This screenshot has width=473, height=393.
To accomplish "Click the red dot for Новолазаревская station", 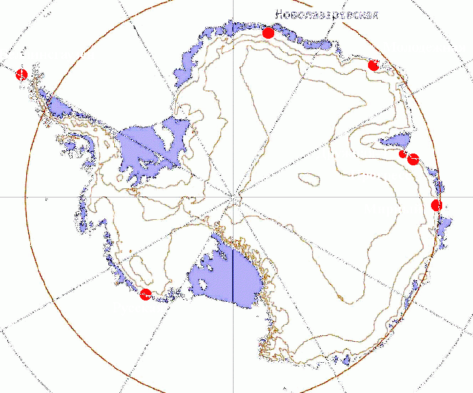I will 268,33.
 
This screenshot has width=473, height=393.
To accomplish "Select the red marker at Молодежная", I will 373,65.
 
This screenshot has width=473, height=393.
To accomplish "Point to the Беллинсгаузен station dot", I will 21,73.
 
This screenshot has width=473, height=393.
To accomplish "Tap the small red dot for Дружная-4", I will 402,154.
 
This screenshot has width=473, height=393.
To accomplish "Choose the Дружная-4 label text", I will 352,154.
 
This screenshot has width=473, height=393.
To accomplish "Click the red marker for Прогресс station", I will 413,159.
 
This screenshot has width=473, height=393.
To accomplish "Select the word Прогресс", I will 380,175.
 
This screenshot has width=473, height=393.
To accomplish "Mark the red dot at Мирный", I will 437,205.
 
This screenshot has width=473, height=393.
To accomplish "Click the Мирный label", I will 392,209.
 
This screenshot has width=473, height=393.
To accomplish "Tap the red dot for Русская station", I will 146,294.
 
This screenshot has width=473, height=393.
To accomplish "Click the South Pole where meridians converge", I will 234,196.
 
